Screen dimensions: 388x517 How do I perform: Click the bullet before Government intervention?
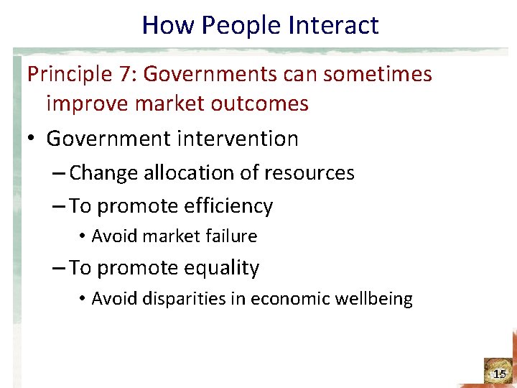(32, 139)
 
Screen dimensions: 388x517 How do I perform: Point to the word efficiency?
(230, 207)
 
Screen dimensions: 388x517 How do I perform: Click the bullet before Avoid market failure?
(83, 236)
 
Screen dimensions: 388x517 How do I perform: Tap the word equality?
(222, 268)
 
